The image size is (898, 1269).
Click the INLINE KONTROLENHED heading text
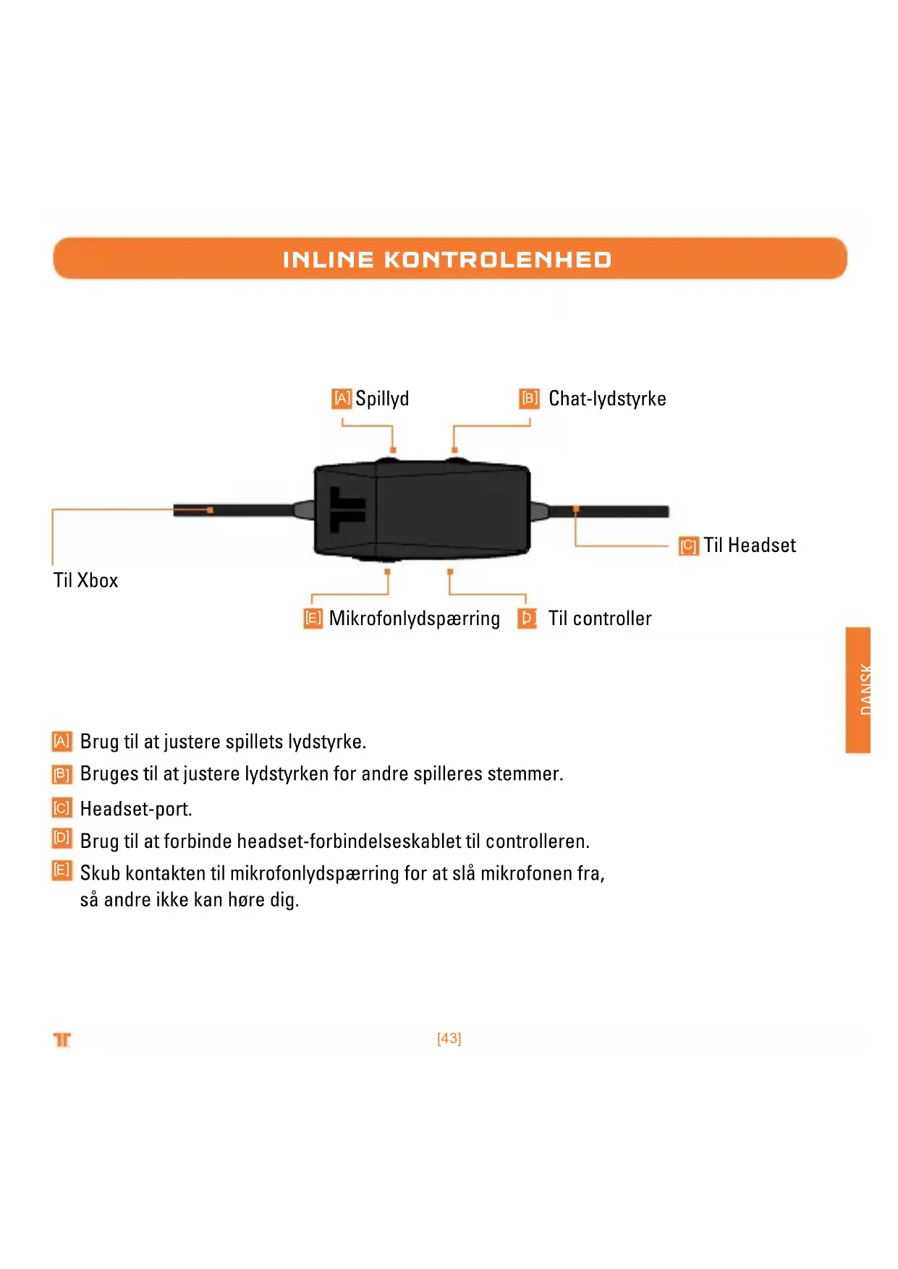[x=447, y=260]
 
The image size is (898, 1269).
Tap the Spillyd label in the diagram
[x=382, y=399]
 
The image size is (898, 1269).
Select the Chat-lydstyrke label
[x=607, y=399]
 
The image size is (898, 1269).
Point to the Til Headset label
[x=750, y=546]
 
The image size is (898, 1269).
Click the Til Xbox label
[x=85, y=580]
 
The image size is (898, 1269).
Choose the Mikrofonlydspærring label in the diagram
[x=414, y=619]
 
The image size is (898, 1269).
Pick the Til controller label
[x=600, y=619]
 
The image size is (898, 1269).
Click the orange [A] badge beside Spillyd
[x=342, y=399]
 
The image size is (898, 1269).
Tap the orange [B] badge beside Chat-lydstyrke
[x=530, y=399]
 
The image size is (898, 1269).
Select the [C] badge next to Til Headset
[x=688, y=546]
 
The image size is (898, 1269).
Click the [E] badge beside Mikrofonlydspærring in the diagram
[x=313, y=619]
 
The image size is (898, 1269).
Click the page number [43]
[x=449, y=1038]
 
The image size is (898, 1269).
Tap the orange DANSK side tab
[x=858, y=689]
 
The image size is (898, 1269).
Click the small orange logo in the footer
[x=62, y=1040]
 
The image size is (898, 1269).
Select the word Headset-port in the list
[x=136, y=809]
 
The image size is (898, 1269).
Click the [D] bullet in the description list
[x=62, y=839]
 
